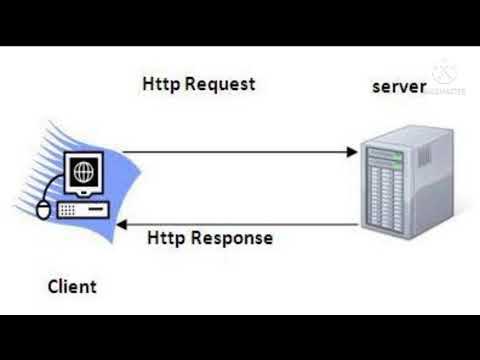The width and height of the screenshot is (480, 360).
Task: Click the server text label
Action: [x=399, y=87]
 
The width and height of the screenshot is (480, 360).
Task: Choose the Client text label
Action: [x=73, y=287]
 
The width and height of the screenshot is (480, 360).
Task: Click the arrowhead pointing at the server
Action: [x=352, y=152]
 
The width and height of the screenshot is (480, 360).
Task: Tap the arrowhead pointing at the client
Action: [x=123, y=225]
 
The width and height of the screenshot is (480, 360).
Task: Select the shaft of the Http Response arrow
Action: [x=240, y=225]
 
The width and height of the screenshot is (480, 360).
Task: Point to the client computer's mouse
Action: [x=43, y=210]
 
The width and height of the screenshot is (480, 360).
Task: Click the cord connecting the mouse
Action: [x=50, y=196]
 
